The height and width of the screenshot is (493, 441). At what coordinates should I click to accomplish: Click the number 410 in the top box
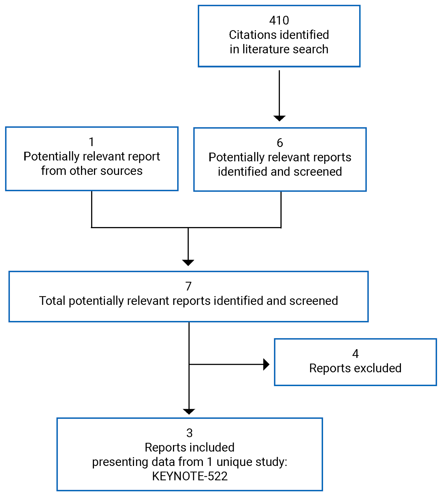(279, 20)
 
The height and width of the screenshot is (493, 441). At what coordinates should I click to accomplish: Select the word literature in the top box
(261, 49)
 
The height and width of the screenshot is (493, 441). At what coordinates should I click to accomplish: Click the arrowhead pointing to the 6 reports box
(279, 118)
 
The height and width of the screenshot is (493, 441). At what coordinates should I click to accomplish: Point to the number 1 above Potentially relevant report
(91, 142)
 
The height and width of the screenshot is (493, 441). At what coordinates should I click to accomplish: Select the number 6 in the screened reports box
(280, 143)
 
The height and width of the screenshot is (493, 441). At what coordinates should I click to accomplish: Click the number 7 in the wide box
(188, 286)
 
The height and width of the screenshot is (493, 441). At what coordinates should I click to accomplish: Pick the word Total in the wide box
(52, 301)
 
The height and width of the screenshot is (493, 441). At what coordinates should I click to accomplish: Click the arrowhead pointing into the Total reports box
(188, 262)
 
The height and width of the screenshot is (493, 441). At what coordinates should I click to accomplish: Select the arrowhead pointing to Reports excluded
(266, 364)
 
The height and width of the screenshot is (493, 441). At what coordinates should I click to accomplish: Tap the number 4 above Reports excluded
(355, 354)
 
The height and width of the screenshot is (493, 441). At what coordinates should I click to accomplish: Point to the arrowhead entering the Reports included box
(189, 411)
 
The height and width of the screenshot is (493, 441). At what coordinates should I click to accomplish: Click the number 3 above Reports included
(189, 433)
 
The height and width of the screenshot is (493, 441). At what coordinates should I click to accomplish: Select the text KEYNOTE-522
(190, 476)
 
